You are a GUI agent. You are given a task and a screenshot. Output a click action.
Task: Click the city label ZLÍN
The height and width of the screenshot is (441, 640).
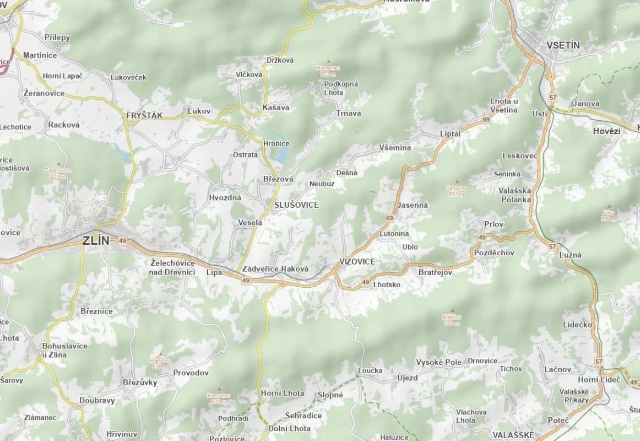(x=96, y=240)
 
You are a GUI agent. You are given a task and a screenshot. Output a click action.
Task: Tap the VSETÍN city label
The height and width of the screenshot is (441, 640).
(x=563, y=45)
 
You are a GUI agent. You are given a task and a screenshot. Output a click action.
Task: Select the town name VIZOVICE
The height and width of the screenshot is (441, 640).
(x=357, y=261)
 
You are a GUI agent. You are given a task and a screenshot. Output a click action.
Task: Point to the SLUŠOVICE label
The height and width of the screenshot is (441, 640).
(x=296, y=205)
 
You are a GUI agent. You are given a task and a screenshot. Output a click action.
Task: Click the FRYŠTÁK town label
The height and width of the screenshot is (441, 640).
(x=144, y=116)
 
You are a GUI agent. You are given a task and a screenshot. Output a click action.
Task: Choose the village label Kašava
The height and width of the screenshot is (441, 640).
(x=276, y=107)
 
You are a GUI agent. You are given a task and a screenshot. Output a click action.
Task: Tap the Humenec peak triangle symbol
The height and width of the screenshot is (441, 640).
(x=329, y=61)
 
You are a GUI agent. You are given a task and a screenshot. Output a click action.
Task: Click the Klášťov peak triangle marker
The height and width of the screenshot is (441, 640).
(x=452, y=310)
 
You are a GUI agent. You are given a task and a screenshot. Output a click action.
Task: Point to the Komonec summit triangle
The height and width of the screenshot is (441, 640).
(x=219, y=389)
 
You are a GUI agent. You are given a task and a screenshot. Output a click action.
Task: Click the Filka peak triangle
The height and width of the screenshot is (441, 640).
(x=609, y=206)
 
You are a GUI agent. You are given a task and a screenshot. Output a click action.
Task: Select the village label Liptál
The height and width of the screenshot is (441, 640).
(x=449, y=134)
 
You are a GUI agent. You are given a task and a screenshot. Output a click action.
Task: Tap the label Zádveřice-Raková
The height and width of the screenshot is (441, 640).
(x=275, y=268)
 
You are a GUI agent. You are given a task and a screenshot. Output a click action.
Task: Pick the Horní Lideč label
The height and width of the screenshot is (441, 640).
(x=599, y=380)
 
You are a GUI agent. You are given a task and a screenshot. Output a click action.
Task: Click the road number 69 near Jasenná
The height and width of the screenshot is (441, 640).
(x=390, y=219)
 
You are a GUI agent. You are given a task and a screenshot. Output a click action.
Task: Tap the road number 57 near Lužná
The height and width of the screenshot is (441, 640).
(x=552, y=246)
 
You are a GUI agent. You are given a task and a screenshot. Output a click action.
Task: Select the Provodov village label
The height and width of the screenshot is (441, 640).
(x=191, y=373)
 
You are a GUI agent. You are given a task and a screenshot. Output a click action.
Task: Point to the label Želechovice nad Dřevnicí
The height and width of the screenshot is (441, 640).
(x=173, y=267)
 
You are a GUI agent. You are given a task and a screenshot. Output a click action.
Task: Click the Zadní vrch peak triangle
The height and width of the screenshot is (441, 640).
(x=58, y=164)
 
